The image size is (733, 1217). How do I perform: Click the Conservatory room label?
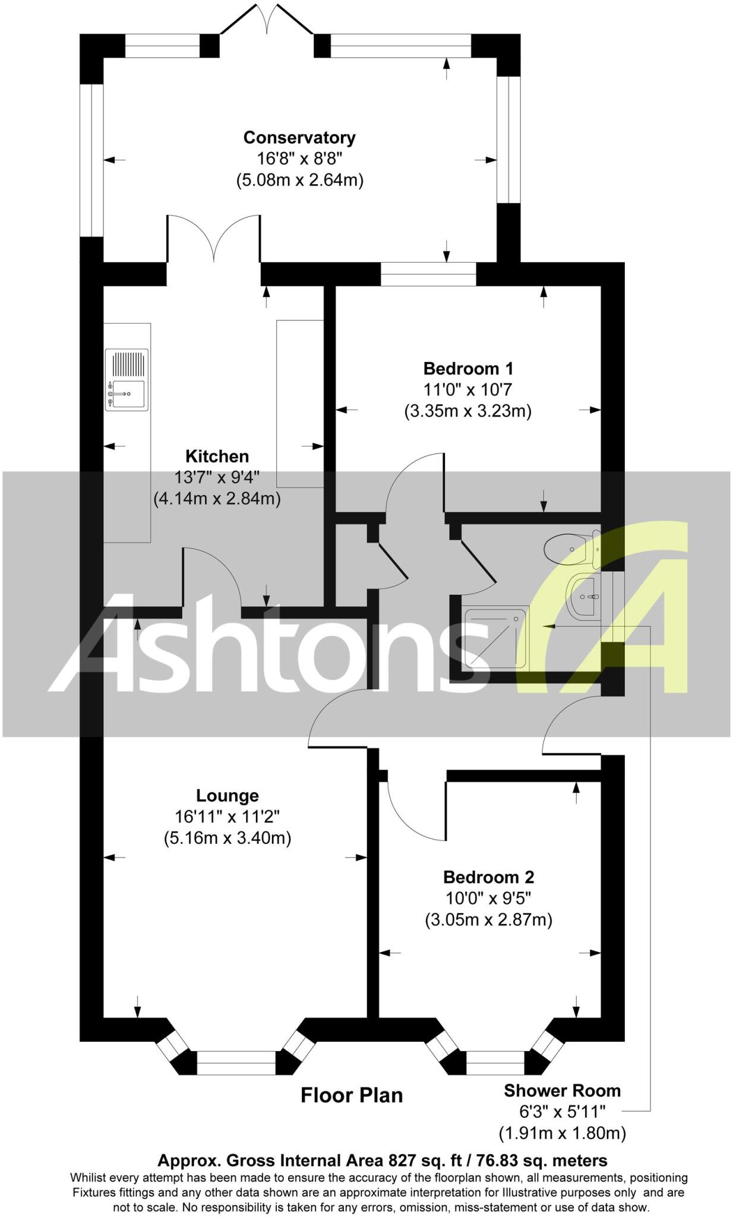click(299, 138)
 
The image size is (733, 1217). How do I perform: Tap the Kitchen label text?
click(217, 456)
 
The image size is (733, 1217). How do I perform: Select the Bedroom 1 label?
click(468, 368)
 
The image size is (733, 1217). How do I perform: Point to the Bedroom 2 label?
click(488, 877)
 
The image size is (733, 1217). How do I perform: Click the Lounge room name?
click(228, 796)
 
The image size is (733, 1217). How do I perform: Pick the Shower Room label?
click(562, 1090)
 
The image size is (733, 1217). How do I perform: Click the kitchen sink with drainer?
click(127, 380)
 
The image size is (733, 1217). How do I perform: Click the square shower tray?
click(495, 636)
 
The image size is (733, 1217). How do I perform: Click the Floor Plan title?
click(352, 1095)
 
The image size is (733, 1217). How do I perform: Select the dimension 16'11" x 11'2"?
click(228, 817)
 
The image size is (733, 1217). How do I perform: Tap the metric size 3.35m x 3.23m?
click(468, 411)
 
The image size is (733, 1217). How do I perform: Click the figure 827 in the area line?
click(402, 1161)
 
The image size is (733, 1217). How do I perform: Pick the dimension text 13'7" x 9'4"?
click(217, 477)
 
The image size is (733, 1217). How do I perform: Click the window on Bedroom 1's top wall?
click(428, 274)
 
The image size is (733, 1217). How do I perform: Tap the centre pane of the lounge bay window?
click(236, 1062)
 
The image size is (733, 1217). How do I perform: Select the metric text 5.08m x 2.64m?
click(299, 179)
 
